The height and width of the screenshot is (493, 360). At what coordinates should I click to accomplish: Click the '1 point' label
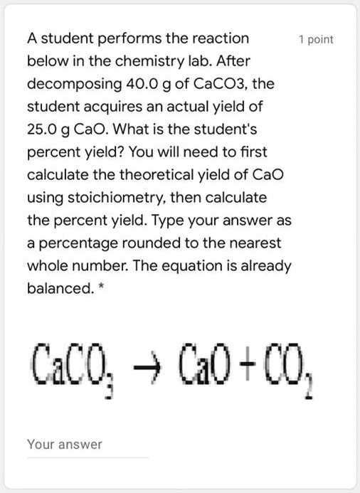tap(316, 40)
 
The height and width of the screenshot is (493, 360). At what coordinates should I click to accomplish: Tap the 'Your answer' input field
tap(87, 445)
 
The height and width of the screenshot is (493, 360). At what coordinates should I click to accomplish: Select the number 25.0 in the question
tap(43, 129)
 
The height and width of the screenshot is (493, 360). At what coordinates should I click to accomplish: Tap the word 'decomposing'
tap(65, 84)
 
